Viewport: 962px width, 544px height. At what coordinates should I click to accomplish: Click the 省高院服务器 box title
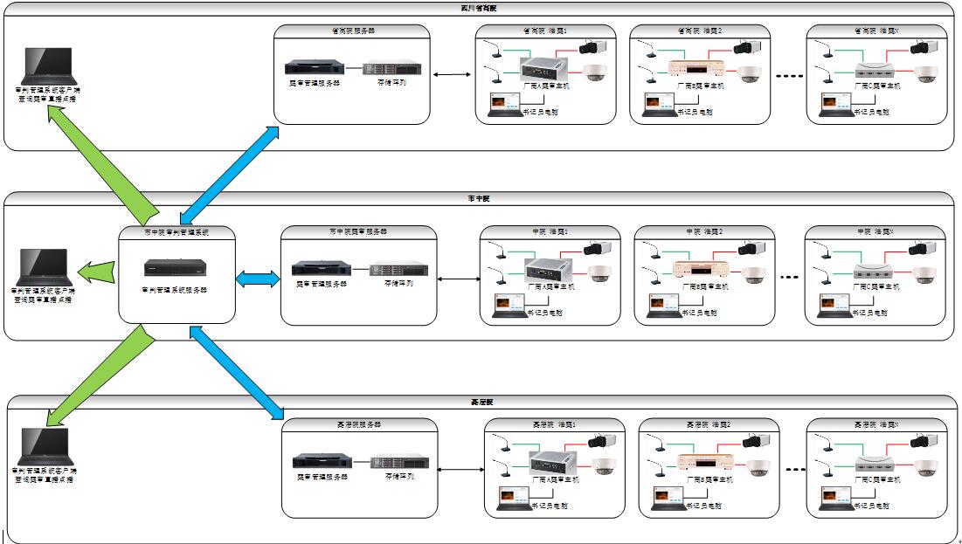pyautogui.click(x=352, y=30)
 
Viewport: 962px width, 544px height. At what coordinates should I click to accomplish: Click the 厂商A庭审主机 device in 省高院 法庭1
pyautogui.click(x=545, y=67)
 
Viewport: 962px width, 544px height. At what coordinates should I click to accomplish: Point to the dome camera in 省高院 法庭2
pyautogui.click(x=750, y=74)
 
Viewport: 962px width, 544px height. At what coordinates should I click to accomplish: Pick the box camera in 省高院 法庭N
pyautogui.click(x=923, y=48)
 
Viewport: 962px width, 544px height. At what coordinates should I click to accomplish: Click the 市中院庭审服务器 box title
pyautogui.click(x=357, y=231)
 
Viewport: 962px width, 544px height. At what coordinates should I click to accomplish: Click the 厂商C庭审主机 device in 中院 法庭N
pyautogui.click(x=875, y=272)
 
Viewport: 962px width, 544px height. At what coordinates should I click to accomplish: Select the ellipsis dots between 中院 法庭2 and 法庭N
pyautogui.click(x=789, y=279)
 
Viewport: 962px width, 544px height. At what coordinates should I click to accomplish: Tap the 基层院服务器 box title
pyautogui.click(x=358, y=424)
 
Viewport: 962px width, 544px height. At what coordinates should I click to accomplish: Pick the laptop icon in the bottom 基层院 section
pyautogui.click(x=45, y=446)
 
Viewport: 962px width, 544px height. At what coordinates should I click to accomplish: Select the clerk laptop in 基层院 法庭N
pyautogui.click(x=836, y=497)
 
